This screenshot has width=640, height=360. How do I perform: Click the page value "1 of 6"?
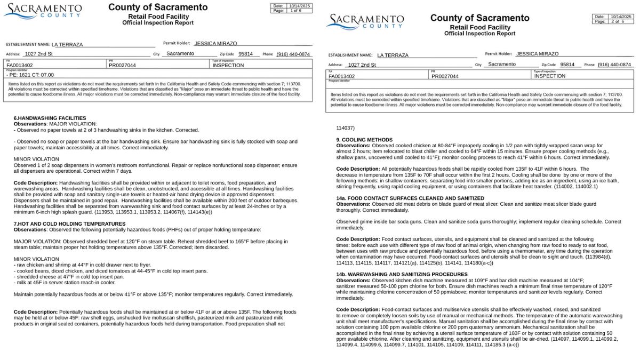click(x=296, y=11)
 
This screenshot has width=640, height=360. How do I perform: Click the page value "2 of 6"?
click(x=618, y=21)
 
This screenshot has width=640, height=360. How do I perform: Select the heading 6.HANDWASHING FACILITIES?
click(x=50, y=118)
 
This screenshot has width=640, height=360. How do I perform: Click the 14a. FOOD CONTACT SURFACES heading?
click(x=403, y=198)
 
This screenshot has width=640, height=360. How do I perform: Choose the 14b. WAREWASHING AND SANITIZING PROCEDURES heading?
click(x=402, y=275)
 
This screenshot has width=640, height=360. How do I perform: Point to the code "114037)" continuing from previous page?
click(x=346, y=128)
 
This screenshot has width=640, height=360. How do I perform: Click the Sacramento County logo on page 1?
click(x=43, y=11)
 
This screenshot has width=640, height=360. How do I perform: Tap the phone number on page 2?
click(x=614, y=65)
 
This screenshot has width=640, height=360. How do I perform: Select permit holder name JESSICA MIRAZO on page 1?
click(x=215, y=44)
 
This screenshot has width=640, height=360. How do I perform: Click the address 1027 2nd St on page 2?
click(x=362, y=65)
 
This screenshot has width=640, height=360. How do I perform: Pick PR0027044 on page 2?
click(x=445, y=76)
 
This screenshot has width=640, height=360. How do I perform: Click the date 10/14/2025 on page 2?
click(x=621, y=17)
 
